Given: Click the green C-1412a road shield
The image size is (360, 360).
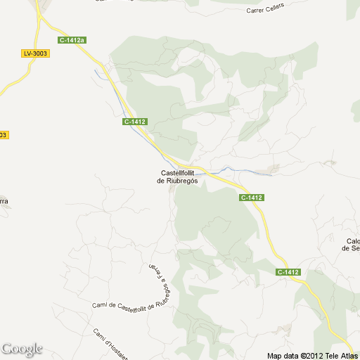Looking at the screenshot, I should click(72, 40).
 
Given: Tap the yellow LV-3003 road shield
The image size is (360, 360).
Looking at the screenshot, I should click(35, 53).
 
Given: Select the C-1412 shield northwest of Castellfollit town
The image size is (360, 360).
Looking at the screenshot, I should click(134, 122).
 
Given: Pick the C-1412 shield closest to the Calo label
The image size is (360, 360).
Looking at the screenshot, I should click(288, 272).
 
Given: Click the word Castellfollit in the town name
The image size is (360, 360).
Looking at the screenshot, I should click(179, 173).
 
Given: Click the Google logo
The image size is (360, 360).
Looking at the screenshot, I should click(22, 349).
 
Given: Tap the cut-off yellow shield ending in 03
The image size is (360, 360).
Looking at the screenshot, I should click(4, 134).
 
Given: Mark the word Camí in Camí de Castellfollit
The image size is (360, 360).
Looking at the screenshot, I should click(100, 305).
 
